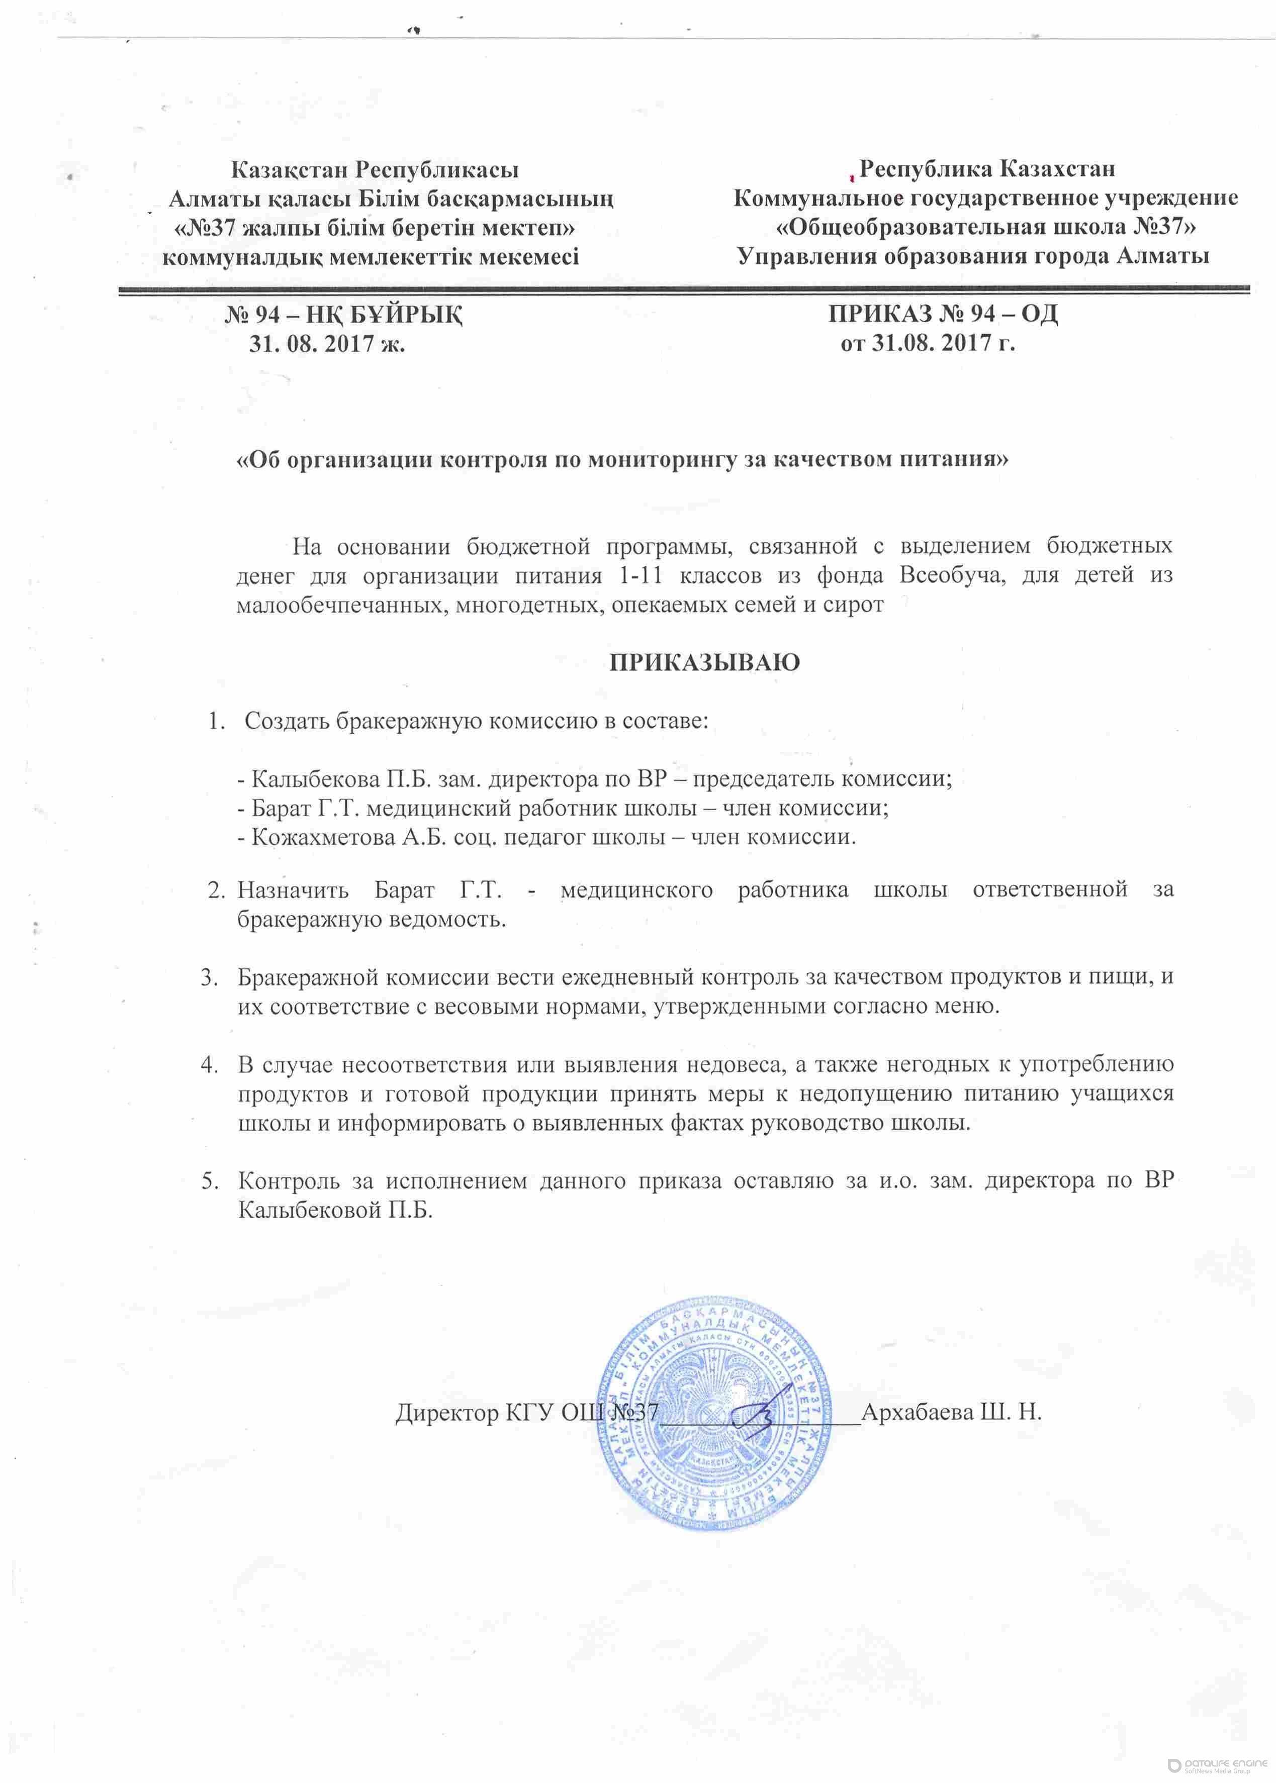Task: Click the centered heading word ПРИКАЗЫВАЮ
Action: [705, 662]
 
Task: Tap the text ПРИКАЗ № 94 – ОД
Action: [943, 314]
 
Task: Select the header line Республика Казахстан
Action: [987, 169]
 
